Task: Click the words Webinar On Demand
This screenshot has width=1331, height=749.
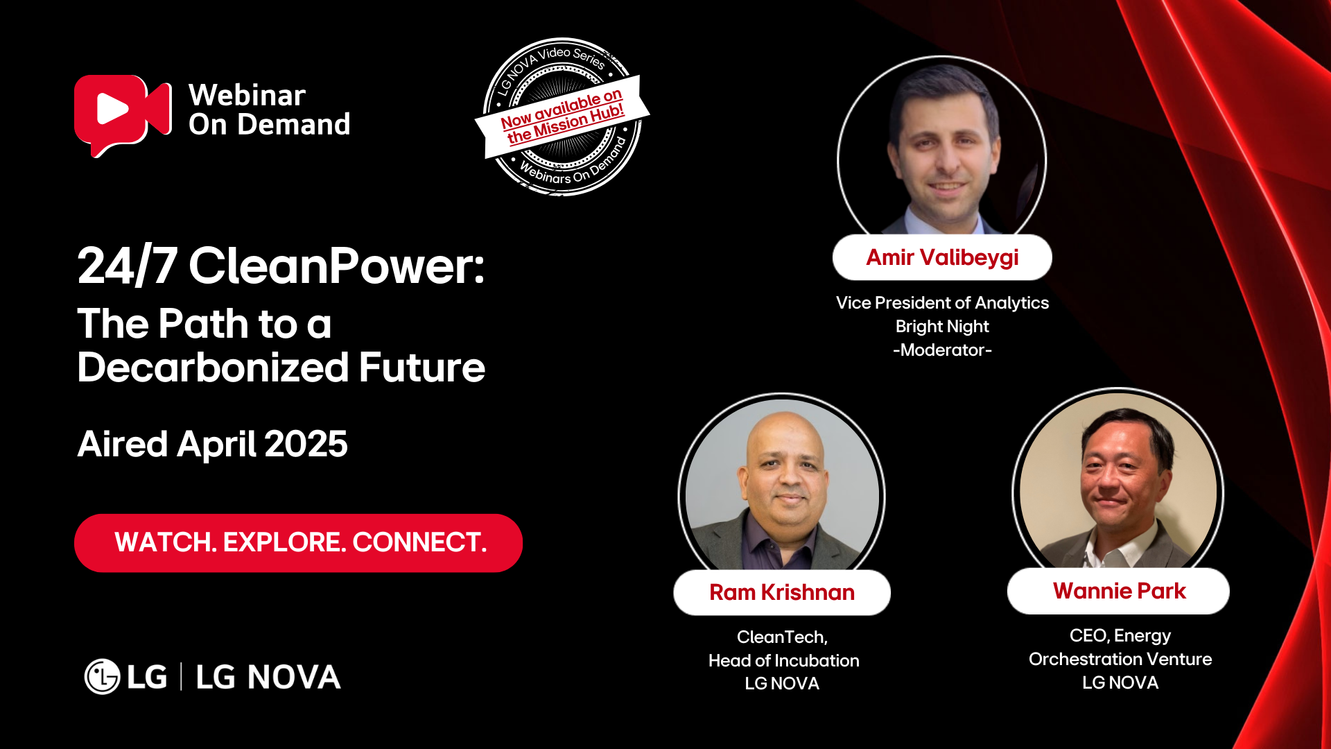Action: click(269, 110)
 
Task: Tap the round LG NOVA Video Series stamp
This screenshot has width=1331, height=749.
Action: click(562, 117)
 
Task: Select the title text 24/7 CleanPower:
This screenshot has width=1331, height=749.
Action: click(281, 266)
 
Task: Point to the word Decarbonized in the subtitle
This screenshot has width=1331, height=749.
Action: click(213, 367)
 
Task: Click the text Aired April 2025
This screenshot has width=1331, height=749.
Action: click(212, 444)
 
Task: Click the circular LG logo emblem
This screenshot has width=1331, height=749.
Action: click(103, 676)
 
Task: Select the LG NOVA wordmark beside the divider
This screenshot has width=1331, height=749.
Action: click(268, 677)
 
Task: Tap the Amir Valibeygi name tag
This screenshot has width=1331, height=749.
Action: click(942, 257)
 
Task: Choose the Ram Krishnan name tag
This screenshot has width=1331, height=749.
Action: click(782, 592)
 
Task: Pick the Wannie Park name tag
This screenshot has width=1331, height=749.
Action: click(1119, 591)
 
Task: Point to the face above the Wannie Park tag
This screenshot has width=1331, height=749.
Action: click(1117, 472)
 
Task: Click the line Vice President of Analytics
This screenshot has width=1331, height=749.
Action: click(942, 303)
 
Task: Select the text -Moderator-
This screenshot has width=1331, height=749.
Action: click(943, 350)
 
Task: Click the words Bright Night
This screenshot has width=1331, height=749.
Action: click(942, 327)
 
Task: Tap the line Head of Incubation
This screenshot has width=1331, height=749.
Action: click(783, 660)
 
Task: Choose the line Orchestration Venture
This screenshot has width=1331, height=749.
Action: click(1120, 659)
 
